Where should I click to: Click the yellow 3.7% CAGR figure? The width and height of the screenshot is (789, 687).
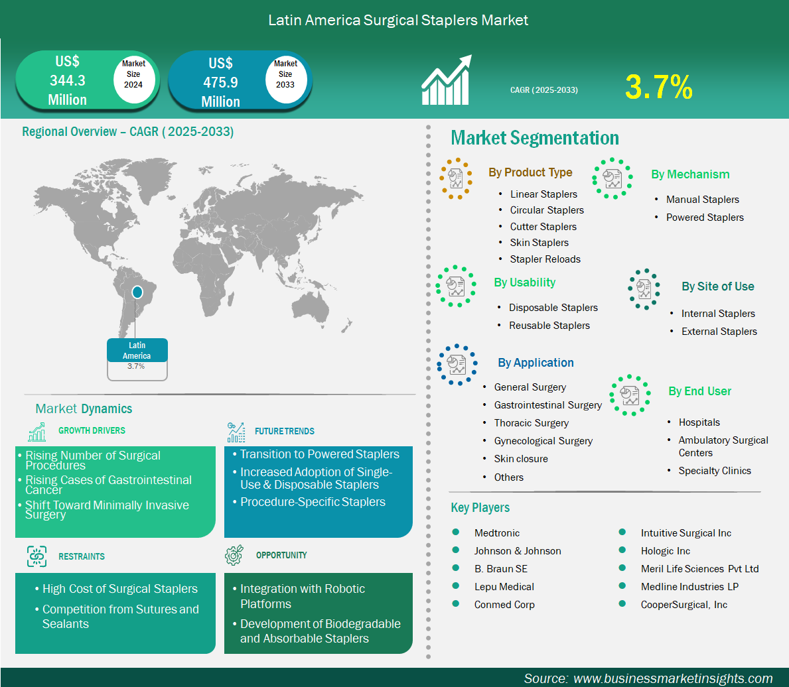click(x=659, y=87)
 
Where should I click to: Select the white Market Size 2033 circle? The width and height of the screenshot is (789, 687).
click(x=285, y=79)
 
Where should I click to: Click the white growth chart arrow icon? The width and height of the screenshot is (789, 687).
click(x=447, y=80)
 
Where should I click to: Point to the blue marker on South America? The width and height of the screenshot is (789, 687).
click(x=137, y=292)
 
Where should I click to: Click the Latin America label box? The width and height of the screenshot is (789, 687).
click(x=137, y=359)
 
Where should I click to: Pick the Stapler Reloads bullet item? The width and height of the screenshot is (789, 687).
click(x=545, y=259)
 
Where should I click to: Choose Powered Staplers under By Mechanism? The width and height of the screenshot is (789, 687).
click(x=705, y=218)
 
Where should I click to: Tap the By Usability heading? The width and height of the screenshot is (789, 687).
click(x=524, y=282)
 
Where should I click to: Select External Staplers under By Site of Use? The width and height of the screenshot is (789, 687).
click(x=719, y=332)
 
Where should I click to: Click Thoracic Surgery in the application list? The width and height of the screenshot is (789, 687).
click(x=532, y=423)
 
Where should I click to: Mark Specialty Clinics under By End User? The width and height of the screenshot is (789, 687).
click(x=715, y=471)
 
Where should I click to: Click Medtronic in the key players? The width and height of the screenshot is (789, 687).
click(x=496, y=533)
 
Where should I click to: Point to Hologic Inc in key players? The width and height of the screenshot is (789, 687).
click(x=665, y=551)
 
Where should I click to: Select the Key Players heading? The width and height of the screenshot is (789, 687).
click(x=480, y=508)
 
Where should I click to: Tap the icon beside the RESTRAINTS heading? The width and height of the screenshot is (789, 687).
click(x=36, y=556)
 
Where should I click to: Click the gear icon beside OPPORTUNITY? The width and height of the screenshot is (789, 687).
click(x=234, y=555)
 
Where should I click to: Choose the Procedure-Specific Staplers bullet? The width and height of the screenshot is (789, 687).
click(x=313, y=502)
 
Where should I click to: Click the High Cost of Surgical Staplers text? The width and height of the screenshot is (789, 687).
click(x=119, y=589)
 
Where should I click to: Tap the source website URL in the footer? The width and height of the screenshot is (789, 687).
click(x=673, y=678)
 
